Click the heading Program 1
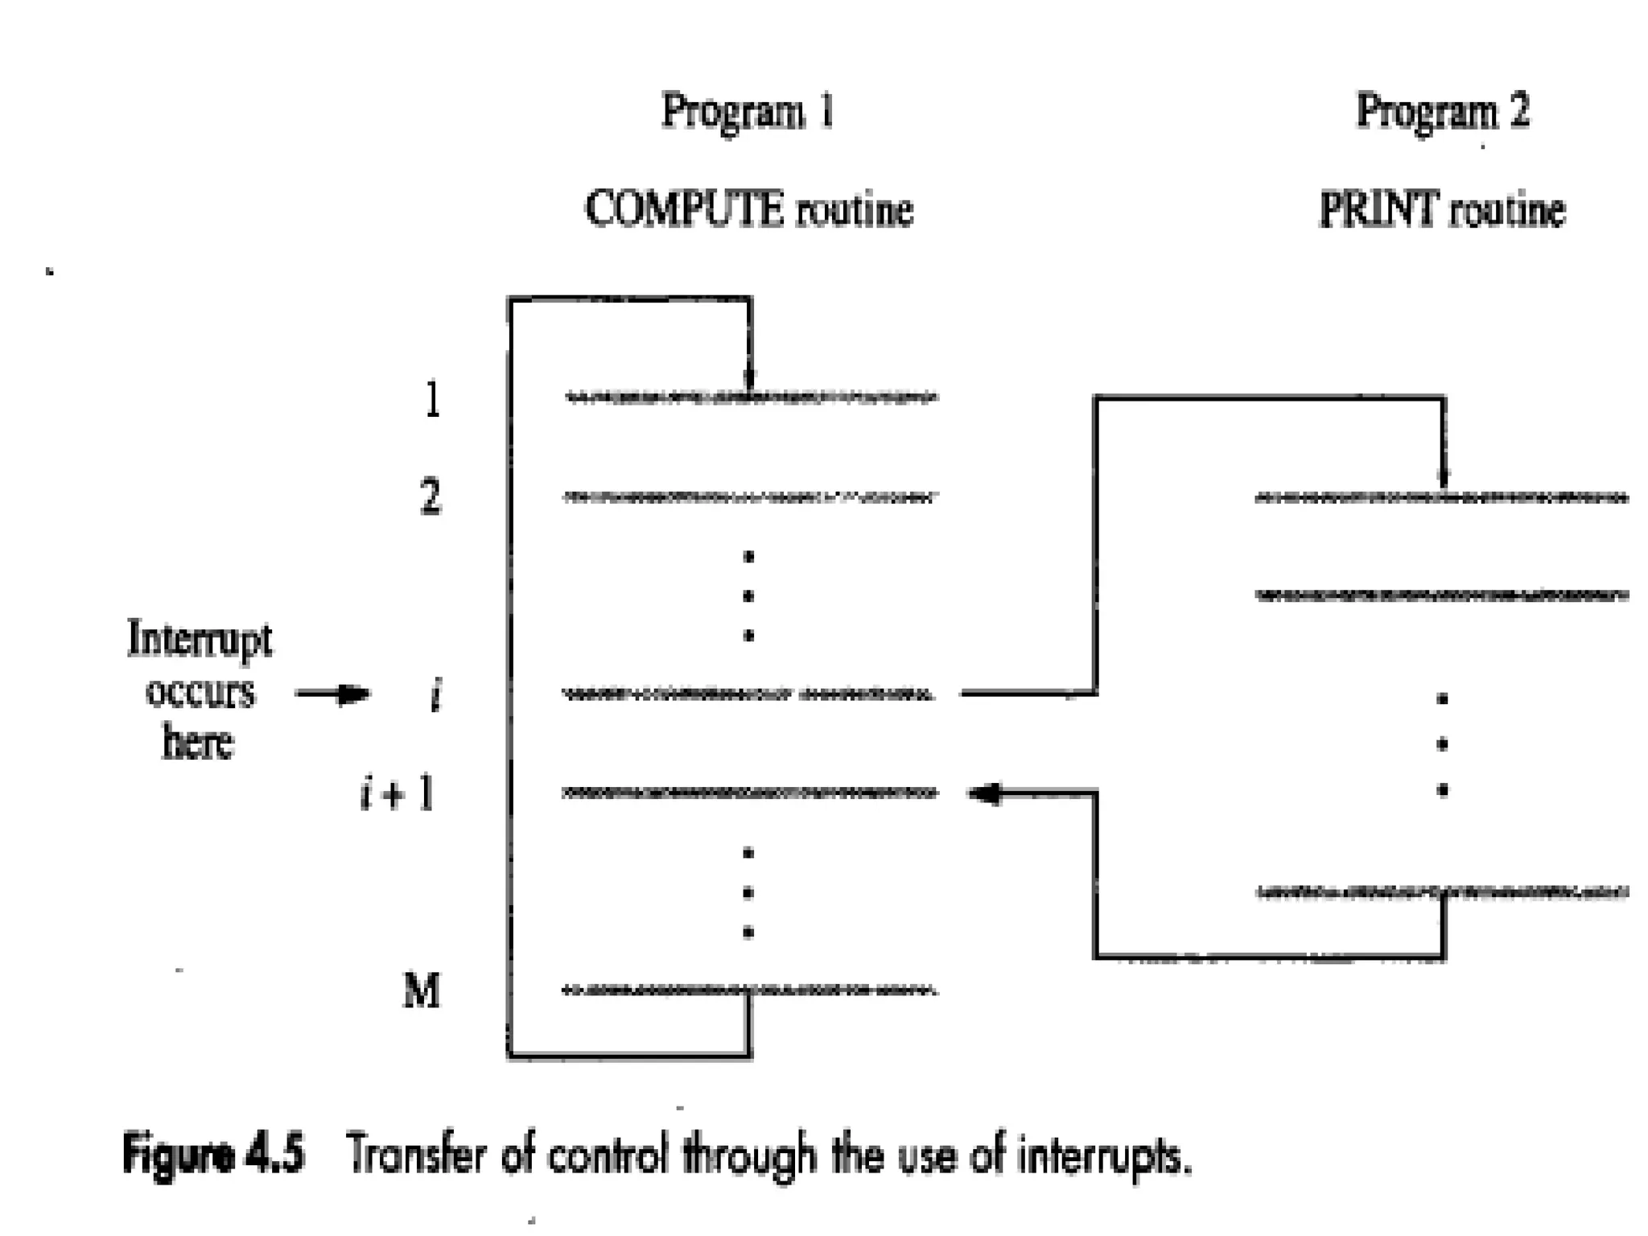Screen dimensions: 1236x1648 click(x=748, y=111)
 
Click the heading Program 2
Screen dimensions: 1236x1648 click(x=1442, y=111)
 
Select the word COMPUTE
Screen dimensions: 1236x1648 click(x=683, y=210)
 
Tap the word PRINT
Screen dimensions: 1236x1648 click(x=1378, y=210)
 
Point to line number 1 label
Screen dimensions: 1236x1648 click(x=433, y=399)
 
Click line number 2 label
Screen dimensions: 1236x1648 click(x=431, y=497)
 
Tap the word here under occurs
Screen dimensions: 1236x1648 click(x=198, y=742)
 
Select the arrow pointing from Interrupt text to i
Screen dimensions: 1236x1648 click(x=332, y=694)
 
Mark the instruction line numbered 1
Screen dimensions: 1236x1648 click(x=750, y=398)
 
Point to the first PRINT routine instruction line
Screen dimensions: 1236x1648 click(x=1440, y=499)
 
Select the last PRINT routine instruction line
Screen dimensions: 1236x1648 click(x=1440, y=892)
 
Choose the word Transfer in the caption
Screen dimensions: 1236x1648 click(x=418, y=1156)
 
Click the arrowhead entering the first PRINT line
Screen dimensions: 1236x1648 click(x=1443, y=479)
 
